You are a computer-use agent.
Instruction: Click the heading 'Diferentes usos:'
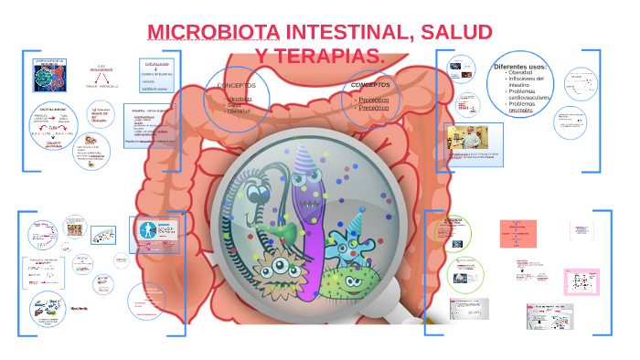(x=518, y=67)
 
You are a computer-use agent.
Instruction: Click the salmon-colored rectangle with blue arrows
(x=517, y=233)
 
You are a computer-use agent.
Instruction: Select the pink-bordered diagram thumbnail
(x=581, y=281)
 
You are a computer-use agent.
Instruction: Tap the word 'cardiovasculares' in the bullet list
(x=529, y=98)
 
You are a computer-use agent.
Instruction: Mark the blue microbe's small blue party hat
(x=356, y=220)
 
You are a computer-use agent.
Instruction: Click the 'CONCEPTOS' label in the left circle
(x=236, y=85)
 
